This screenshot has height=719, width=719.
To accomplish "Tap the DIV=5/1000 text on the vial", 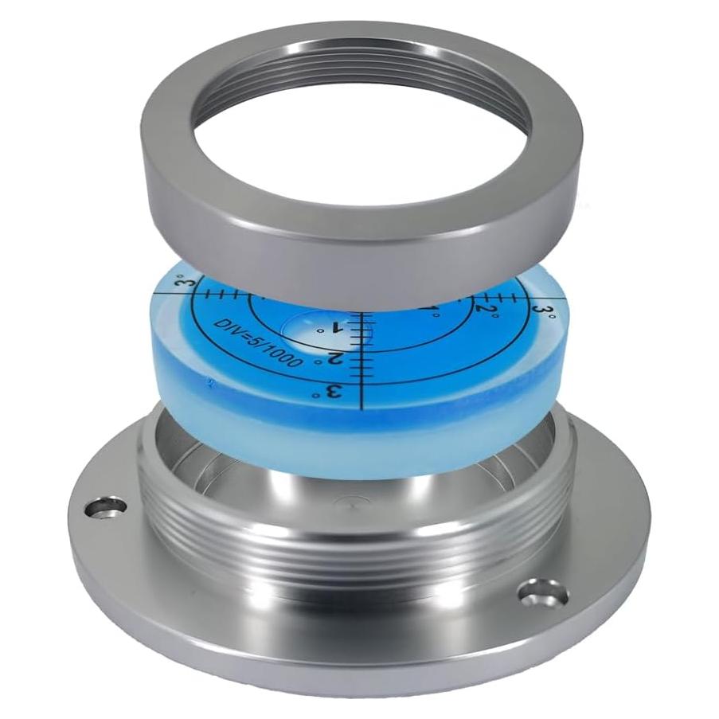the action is (258, 342).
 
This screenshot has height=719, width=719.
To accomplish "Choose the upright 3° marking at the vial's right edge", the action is (544, 310).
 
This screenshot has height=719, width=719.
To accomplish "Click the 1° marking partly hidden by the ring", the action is (430, 312).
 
